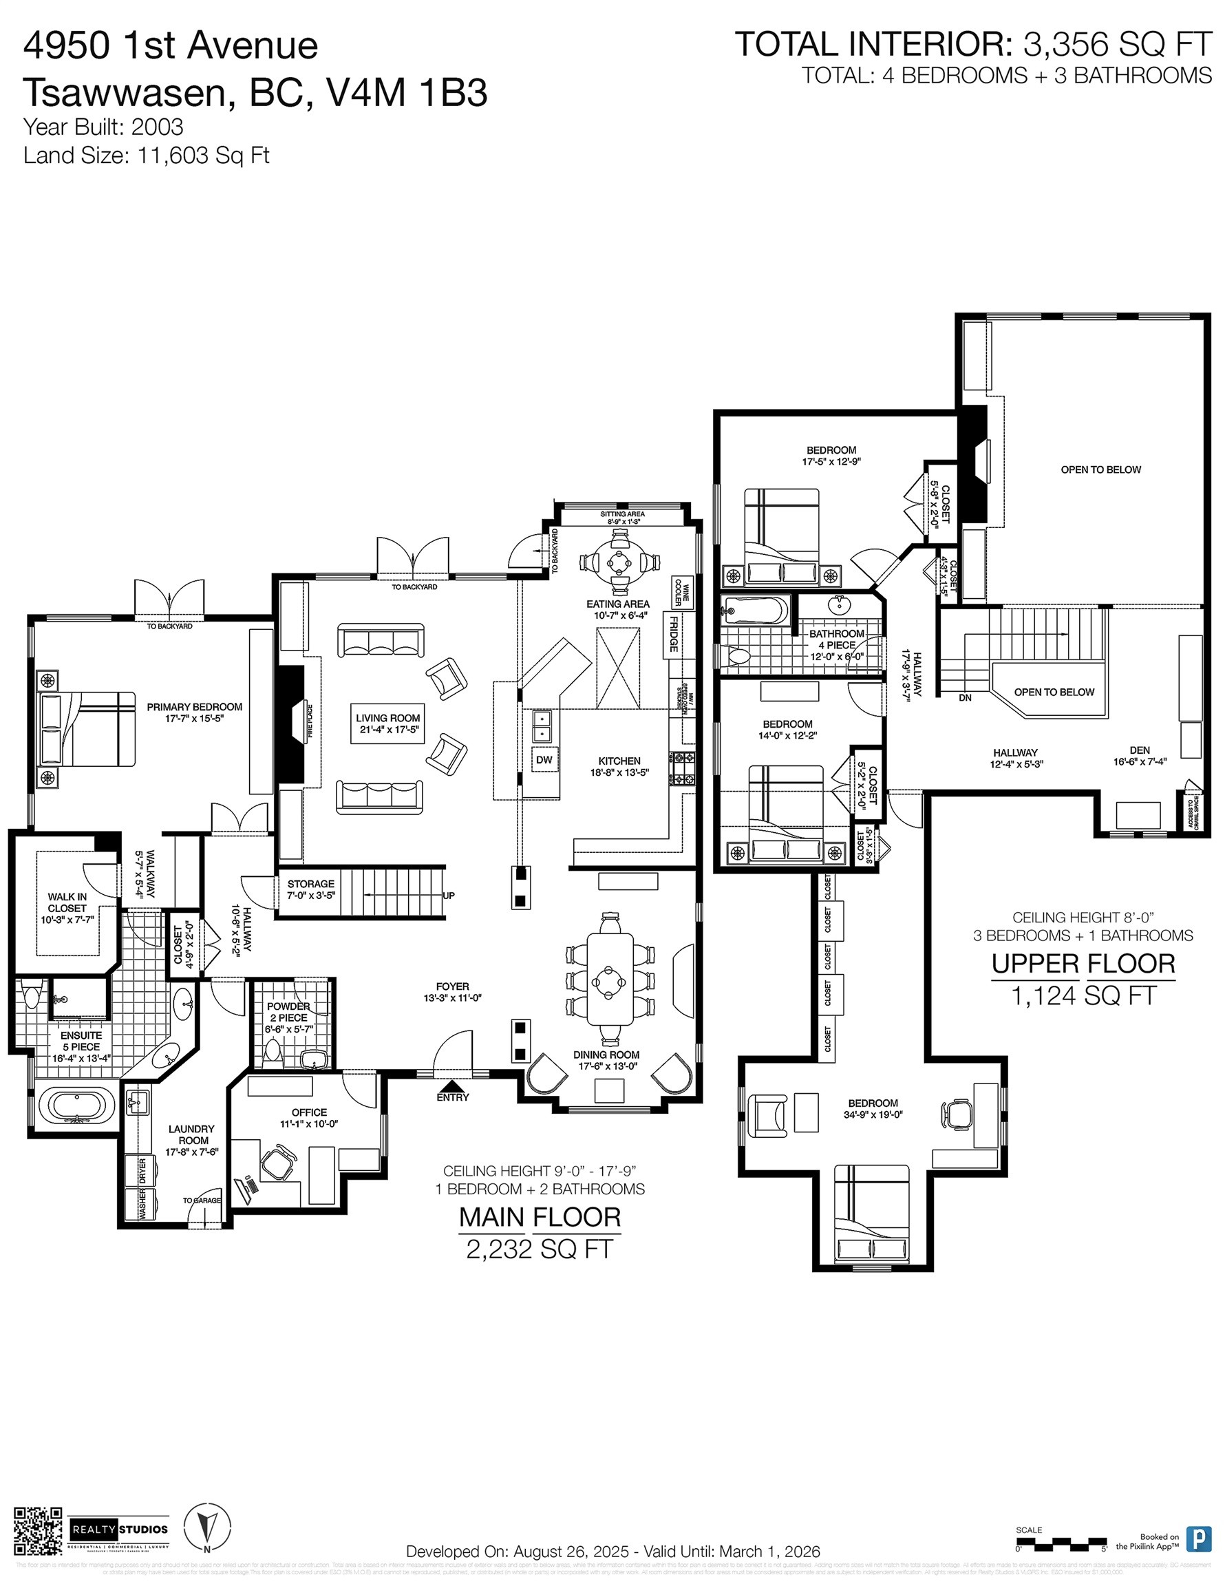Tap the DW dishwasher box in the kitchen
544,759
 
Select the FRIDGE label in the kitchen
674,634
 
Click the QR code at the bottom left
38,1532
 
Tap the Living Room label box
387,723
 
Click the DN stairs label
964,698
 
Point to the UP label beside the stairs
449,896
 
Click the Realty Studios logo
120,1530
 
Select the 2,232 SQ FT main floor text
540,1249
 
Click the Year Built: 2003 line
103,127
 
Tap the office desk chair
277,1164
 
